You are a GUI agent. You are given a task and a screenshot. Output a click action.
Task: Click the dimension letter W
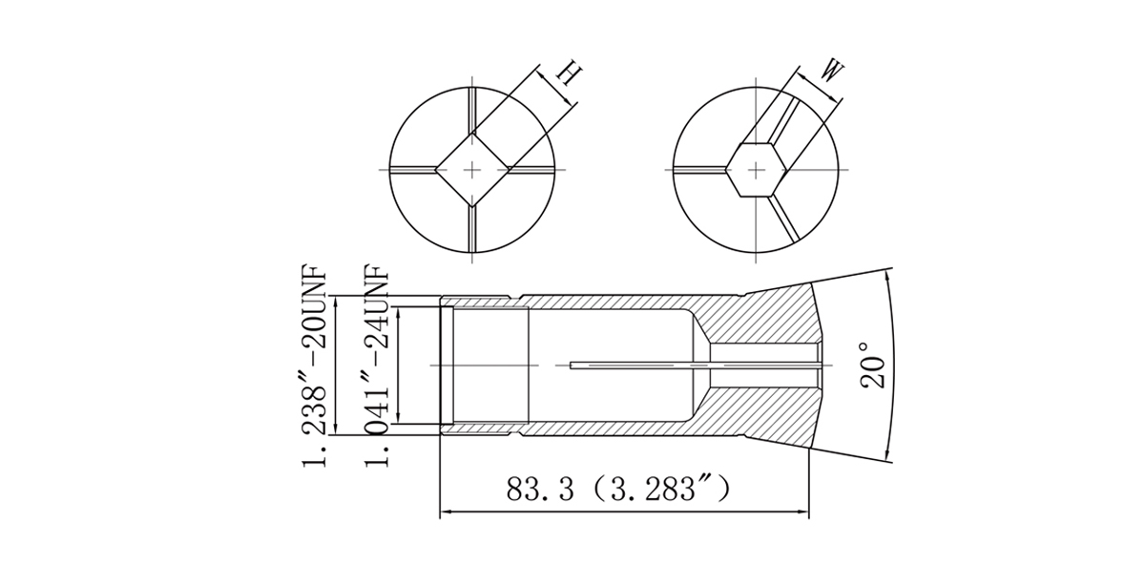832,72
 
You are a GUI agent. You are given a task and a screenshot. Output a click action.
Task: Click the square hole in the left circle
472,170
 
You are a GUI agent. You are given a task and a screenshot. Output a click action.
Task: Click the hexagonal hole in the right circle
756,170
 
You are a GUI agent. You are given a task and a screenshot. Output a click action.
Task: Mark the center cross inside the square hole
472,170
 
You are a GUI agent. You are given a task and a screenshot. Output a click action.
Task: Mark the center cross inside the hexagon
756,170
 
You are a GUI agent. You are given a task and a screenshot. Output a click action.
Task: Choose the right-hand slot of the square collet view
531,170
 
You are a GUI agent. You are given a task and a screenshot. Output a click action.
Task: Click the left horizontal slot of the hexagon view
700,170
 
